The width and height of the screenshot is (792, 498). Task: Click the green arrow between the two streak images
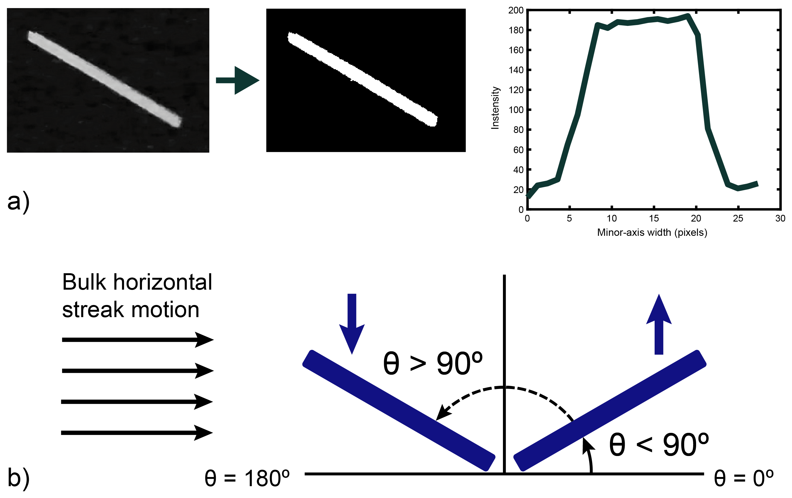pos(238,80)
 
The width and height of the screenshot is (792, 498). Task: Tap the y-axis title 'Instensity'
pos(495,108)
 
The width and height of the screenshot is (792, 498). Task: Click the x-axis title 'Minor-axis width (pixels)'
pos(652,233)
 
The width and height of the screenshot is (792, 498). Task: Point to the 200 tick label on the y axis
pos(515,10)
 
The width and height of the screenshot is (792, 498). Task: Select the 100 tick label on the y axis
pos(516,110)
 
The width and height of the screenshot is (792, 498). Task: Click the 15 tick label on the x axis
pos(654,219)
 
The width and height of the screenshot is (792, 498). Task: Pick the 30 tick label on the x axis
pos(780,219)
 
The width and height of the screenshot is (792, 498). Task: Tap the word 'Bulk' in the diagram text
pos(84,282)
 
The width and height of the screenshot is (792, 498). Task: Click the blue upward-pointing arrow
pos(659,324)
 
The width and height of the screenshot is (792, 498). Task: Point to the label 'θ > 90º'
pos(433,363)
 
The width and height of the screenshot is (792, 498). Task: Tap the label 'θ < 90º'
pos(659,444)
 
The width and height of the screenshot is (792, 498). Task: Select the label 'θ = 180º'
pos(247,478)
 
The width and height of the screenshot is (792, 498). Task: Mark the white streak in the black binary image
pos(362,78)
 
